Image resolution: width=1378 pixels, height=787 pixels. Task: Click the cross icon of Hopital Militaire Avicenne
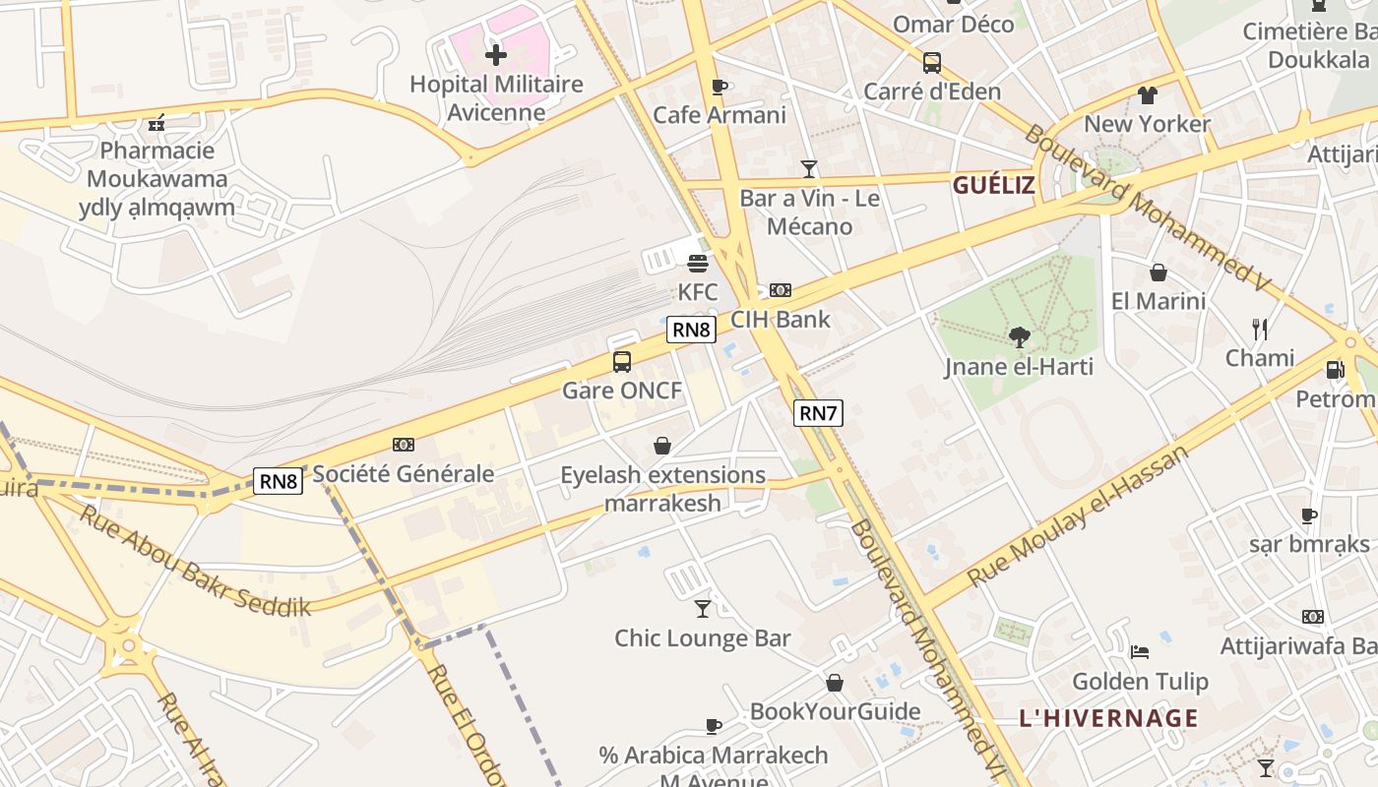point(496,54)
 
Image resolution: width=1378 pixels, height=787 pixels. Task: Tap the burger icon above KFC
point(698,264)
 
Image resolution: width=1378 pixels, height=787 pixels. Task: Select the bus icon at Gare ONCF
point(622,361)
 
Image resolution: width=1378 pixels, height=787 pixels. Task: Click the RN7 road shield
point(818,413)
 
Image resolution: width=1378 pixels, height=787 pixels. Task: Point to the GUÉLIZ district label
point(993,185)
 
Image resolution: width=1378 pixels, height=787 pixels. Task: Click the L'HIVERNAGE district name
point(1108,718)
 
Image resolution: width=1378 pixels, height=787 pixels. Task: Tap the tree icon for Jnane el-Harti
point(1019,337)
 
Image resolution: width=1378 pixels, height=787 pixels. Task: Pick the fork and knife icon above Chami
point(1259,329)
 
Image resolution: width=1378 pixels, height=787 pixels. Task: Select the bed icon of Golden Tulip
point(1140,651)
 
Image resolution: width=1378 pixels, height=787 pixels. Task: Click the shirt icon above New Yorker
point(1148,95)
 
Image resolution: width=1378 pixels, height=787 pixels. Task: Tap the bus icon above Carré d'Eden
point(931,63)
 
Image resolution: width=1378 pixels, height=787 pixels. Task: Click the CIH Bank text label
point(780,320)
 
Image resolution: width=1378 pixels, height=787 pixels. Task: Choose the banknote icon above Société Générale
point(403,445)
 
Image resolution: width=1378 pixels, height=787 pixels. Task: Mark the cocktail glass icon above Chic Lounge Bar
point(702,609)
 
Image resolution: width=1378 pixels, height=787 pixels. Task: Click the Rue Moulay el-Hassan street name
point(1078,516)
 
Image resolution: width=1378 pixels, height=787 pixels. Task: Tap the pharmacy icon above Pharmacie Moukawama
point(157,123)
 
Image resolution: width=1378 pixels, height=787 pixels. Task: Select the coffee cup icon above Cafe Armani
point(720,87)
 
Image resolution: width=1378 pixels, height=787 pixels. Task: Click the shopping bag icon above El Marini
point(1158,272)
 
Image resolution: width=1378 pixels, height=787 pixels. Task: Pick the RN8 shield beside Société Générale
point(279,481)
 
